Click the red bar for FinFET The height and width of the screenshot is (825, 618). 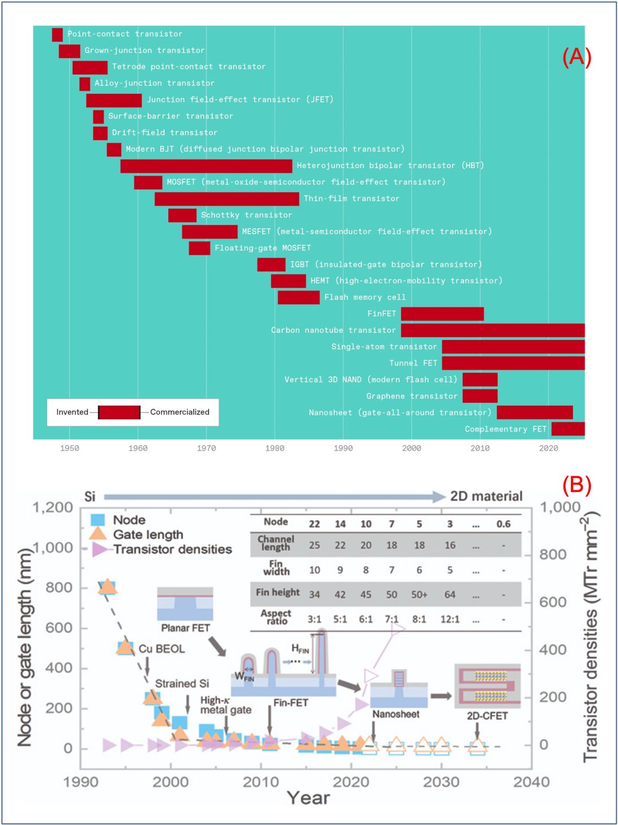point(442,314)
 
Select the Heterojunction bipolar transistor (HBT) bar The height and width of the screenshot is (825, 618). point(206,166)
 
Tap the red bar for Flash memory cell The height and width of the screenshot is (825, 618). point(298,298)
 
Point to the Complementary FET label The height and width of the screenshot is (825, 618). point(505,429)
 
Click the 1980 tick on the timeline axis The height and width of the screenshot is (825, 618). point(275,449)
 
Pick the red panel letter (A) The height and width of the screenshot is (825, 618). point(576,57)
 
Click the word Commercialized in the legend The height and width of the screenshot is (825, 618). point(180,412)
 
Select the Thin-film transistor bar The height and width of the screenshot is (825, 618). point(227,199)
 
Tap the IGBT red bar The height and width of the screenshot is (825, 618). point(271,265)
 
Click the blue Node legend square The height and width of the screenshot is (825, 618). point(98,519)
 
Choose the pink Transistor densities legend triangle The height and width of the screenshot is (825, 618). point(100,549)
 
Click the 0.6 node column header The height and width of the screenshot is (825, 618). point(503,524)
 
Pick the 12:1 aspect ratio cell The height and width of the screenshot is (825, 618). point(450,619)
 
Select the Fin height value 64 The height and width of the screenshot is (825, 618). point(450,594)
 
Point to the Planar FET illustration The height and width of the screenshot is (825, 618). point(185,604)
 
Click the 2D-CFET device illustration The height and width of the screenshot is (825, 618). point(488,685)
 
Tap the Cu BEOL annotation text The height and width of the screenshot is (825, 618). point(162,649)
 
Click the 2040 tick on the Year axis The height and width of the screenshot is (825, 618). point(531,782)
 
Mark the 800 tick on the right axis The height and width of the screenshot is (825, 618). point(553,554)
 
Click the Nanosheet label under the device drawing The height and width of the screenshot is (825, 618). point(396,714)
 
